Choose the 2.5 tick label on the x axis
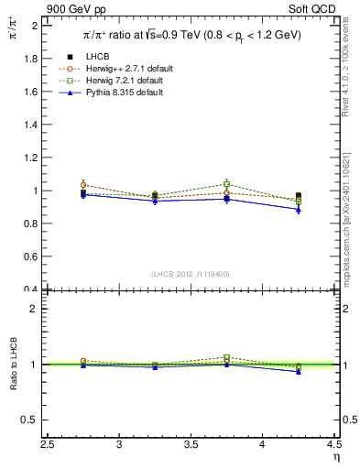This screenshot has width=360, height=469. coord(49,445)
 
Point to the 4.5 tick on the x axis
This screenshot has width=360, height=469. coord(333,445)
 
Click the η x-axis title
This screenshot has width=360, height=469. coord(336,456)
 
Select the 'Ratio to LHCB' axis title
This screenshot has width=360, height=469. coord(13,365)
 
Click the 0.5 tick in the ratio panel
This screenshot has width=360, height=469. coord(30,420)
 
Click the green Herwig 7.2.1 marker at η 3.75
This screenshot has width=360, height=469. coord(227,184)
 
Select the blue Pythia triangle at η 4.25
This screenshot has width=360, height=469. coord(299,209)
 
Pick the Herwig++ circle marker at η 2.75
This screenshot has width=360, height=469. coord(83,185)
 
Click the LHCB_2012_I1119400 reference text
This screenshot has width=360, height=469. coord(191,274)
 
